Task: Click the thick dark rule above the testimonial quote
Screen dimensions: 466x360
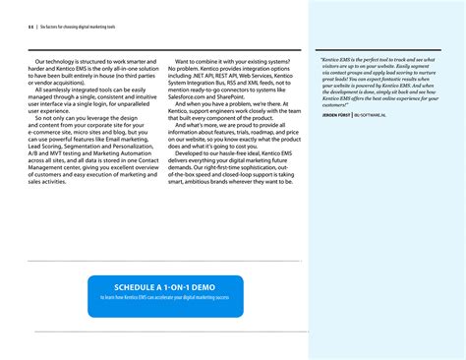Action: pos(384,47)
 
